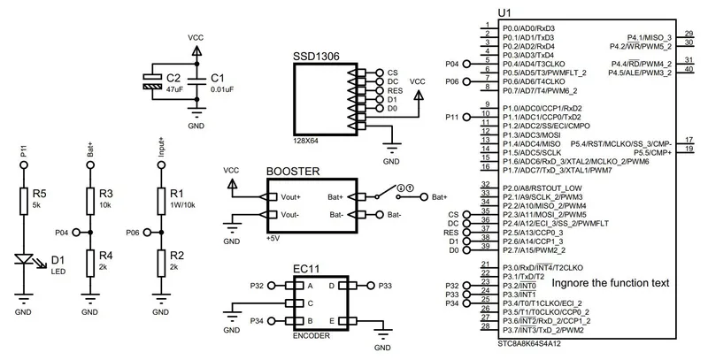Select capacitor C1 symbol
pyautogui.click(x=196, y=82)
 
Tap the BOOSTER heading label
pyautogui.click(x=293, y=172)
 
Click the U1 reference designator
pyautogui.click(x=504, y=12)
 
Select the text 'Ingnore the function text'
pyautogui.click(x=610, y=283)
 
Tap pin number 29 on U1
pyautogui.click(x=689, y=34)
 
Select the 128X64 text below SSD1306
pyautogui.click(x=306, y=141)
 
